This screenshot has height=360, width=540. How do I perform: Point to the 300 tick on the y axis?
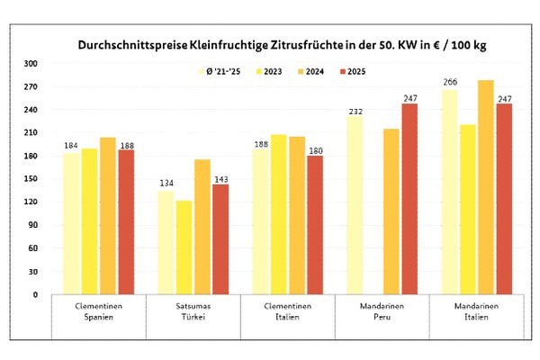[31, 64]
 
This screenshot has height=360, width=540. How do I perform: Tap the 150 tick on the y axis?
[31, 179]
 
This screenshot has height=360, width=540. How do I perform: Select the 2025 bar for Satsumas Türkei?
[220, 238]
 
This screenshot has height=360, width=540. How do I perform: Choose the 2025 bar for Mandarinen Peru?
[409, 199]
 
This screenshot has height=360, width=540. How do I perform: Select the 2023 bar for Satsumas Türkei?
[184, 247]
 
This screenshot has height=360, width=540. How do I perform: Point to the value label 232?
[354, 110]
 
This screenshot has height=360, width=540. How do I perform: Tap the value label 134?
[166, 185]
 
